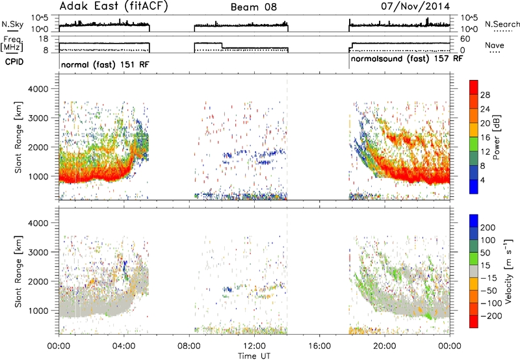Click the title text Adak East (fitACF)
click(114, 6)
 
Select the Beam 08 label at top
click(253, 7)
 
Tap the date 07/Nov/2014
click(415, 6)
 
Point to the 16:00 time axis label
click(319, 346)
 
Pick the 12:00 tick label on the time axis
click(254, 346)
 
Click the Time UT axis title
click(254, 356)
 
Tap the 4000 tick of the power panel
click(38, 89)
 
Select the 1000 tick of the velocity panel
click(38, 311)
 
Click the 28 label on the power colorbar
click(485, 95)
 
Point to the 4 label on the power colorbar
click(483, 181)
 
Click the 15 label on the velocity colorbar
click(485, 266)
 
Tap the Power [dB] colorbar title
click(496, 137)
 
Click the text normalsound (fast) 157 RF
click(407, 59)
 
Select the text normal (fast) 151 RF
click(105, 64)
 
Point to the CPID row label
click(14, 62)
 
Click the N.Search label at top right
click(502, 24)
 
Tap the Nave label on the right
click(495, 45)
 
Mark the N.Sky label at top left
click(12, 24)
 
